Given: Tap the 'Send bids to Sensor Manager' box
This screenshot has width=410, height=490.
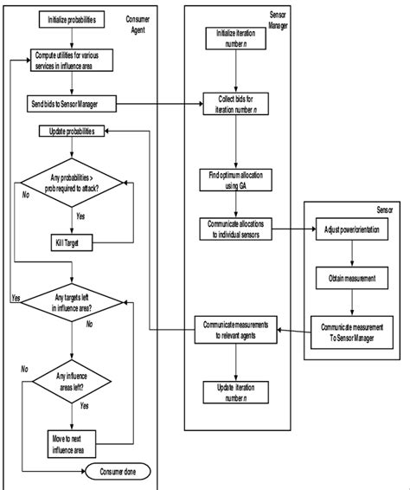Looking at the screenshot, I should pos(72,104).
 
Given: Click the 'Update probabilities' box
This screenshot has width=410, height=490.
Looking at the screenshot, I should pos(74,132).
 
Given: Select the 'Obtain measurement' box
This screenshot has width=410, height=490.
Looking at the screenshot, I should pos(351,280).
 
